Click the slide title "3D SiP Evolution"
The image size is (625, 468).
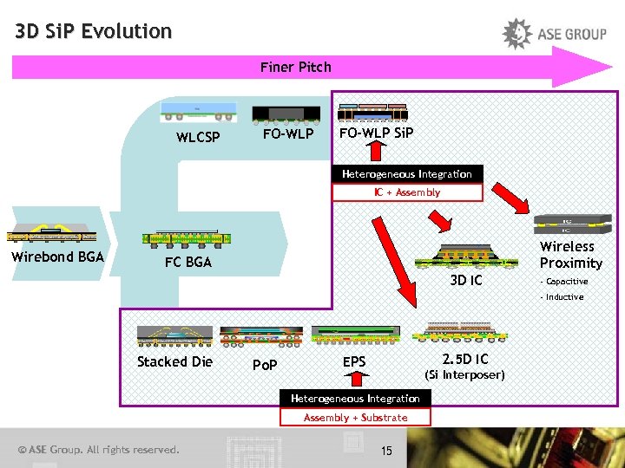tap(94, 32)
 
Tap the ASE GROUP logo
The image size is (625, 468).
tap(555, 34)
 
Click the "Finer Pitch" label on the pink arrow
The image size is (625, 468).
tap(295, 67)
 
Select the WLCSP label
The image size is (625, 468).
tap(198, 137)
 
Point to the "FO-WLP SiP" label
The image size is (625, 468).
tap(376, 133)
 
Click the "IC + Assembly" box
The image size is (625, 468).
tap(407, 192)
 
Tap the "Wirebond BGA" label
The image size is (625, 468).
tap(57, 257)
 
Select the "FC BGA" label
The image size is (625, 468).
tap(188, 262)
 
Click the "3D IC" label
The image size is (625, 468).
tap(466, 281)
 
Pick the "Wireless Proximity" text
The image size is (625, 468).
tap(570, 255)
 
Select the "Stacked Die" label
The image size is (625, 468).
tap(174, 361)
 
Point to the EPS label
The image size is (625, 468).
tap(354, 361)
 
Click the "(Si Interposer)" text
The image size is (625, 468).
tap(464, 375)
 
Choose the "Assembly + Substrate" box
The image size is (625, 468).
tap(355, 418)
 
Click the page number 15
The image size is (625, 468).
tap(386, 450)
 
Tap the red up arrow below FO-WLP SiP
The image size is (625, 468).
tap(376, 151)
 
